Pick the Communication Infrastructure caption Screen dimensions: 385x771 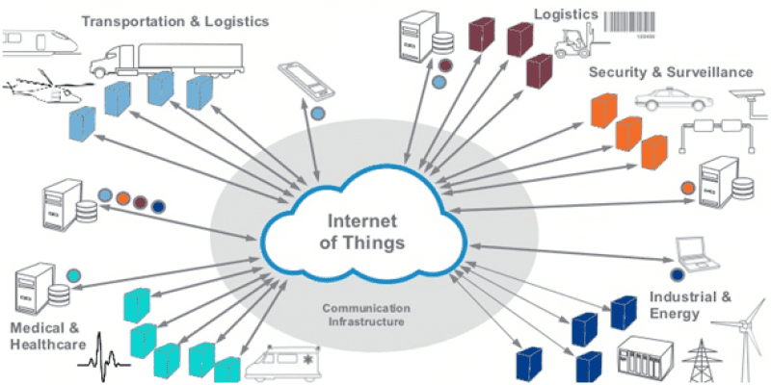370,315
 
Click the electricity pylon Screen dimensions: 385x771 696,362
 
